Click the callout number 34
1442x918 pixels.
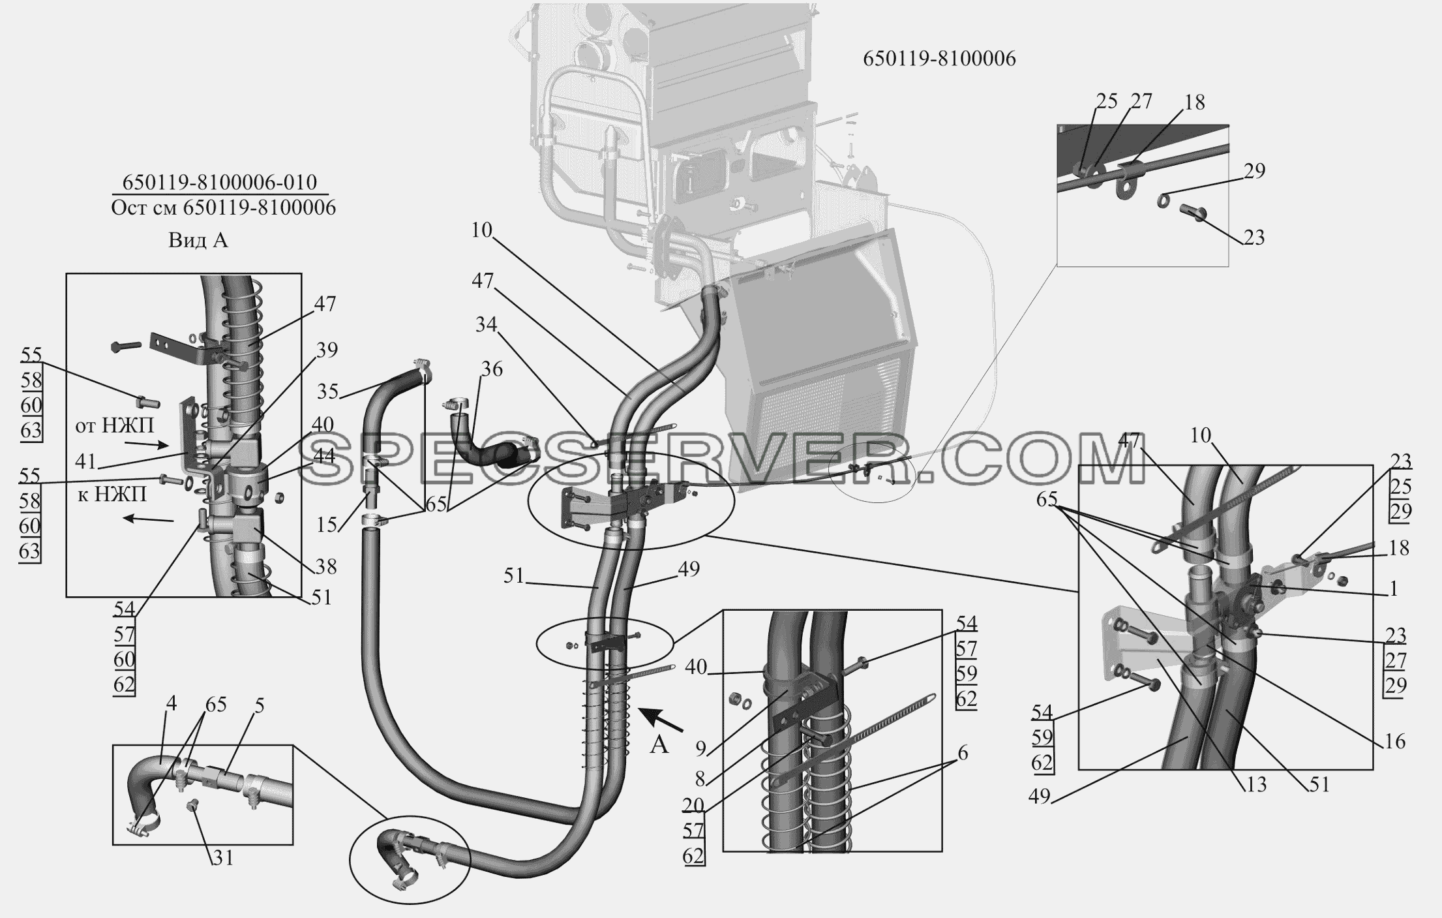[486, 324]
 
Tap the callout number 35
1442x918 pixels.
[328, 391]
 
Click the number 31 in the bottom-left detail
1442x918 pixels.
[223, 858]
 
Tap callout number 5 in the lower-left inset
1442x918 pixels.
[260, 706]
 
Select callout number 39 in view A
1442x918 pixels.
[327, 350]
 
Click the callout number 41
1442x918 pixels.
[85, 461]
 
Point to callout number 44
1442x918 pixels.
[324, 455]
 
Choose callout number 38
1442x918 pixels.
[325, 567]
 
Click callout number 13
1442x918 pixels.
[1255, 784]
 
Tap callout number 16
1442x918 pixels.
[1394, 741]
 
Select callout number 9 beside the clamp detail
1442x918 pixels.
[700, 748]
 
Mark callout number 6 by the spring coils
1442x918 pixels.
[963, 754]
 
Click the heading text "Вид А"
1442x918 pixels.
[198, 240]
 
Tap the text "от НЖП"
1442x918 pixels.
[115, 426]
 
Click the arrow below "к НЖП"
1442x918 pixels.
[149, 519]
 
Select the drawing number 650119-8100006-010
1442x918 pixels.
[220, 181]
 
